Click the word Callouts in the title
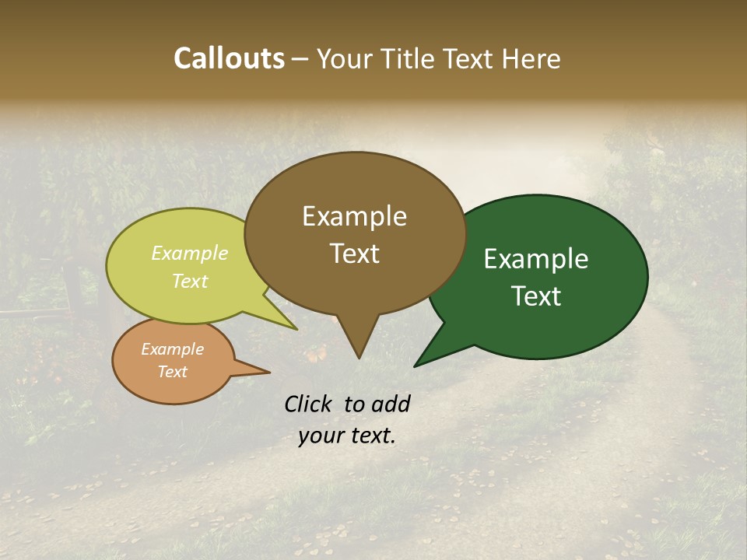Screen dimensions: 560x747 (229, 58)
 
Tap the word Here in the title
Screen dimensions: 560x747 (531, 58)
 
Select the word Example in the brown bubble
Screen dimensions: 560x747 (354, 216)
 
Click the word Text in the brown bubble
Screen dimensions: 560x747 (354, 253)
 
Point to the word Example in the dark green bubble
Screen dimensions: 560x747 (536, 259)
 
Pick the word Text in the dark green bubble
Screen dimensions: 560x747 (536, 296)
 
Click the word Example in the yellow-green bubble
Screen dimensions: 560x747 (190, 253)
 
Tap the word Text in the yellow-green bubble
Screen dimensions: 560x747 (190, 281)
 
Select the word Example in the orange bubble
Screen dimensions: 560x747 (173, 349)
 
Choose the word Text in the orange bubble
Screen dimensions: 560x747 (173, 371)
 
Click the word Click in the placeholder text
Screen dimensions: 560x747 (309, 404)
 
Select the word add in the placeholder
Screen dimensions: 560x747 (391, 404)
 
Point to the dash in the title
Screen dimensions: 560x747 (300, 59)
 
